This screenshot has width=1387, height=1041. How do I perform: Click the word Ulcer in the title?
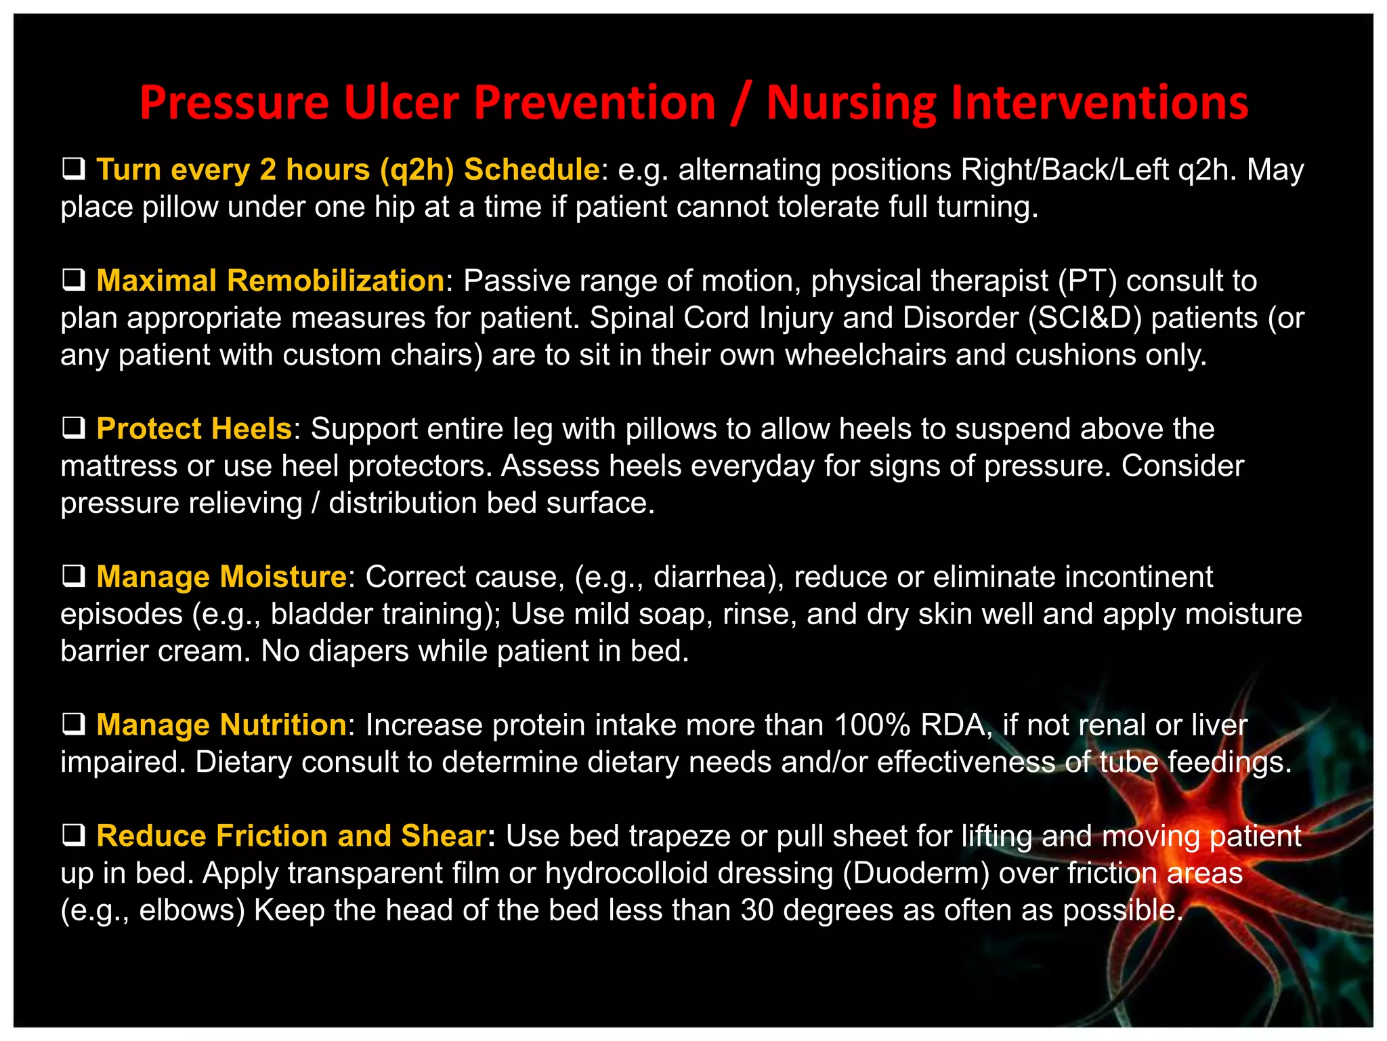pyautogui.click(x=401, y=103)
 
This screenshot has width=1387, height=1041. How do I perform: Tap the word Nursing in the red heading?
pyautogui.click(x=851, y=103)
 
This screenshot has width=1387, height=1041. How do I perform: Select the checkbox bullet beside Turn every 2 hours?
pyautogui.click(x=73, y=169)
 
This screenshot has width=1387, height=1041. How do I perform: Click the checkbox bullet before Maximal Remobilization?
pyautogui.click(x=73, y=280)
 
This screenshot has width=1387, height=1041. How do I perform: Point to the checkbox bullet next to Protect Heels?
pyautogui.click(x=73, y=428)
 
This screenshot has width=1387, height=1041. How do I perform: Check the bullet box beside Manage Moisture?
pyautogui.click(x=73, y=576)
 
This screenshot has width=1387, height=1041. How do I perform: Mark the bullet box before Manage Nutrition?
pyautogui.click(x=73, y=724)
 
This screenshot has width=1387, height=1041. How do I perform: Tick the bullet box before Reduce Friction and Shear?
pyautogui.click(x=73, y=836)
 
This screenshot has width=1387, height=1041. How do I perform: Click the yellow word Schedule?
pyautogui.click(x=532, y=169)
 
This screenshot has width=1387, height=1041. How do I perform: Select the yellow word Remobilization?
pyautogui.click(x=335, y=281)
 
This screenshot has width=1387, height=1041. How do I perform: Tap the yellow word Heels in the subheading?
pyautogui.click(x=251, y=429)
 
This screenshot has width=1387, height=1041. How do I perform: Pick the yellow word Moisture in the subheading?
pyautogui.click(x=284, y=577)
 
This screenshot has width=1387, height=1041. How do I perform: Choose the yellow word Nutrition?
pyautogui.click(x=282, y=725)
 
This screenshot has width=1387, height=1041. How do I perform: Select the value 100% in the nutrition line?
pyautogui.click(x=872, y=725)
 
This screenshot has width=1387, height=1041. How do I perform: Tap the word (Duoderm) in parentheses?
pyautogui.click(x=916, y=873)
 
